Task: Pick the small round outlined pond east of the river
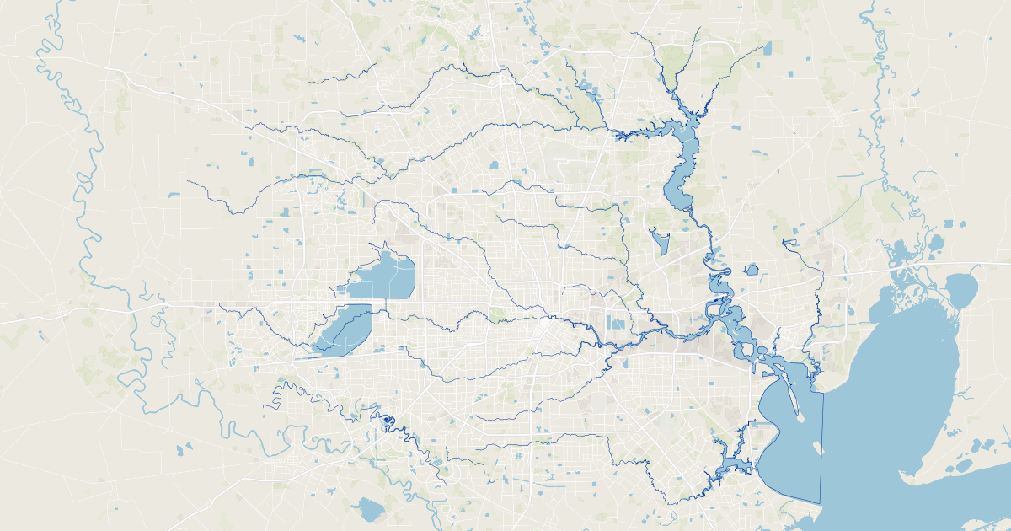752,271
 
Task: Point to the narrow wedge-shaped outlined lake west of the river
659,242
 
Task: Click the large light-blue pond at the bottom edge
369,508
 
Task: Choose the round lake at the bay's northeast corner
960,289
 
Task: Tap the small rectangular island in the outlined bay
815,447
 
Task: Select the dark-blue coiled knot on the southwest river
388,420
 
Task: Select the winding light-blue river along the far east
881,126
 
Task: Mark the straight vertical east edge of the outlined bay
822,447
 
